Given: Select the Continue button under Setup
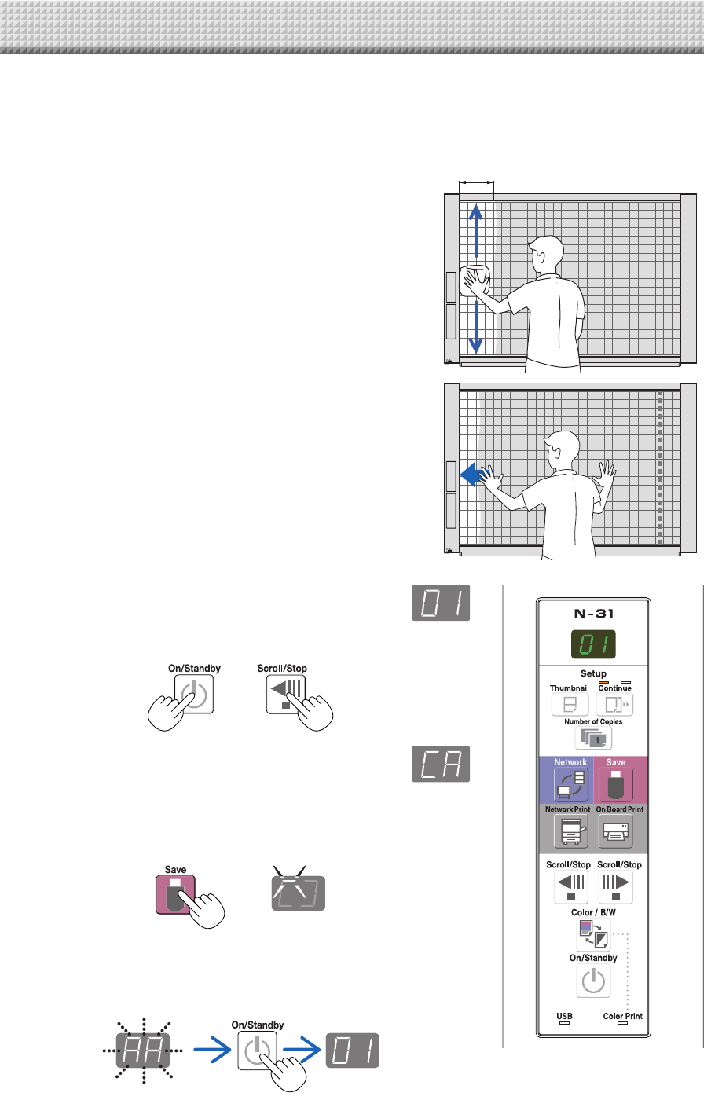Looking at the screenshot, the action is coord(614,704).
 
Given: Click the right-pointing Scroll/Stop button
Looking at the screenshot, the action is coord(614,886).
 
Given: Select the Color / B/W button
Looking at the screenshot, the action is coord(594,933).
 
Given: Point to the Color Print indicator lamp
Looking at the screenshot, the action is coord(623,1024).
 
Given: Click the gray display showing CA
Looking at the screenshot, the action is coord(441,764).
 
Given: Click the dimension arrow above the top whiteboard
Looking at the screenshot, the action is coord(476,182).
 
